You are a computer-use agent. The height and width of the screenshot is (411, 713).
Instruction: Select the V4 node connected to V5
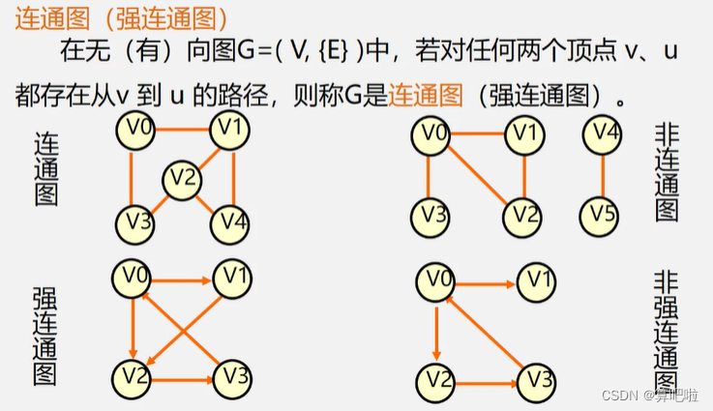604,134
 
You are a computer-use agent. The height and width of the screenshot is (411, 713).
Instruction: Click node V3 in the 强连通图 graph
232,376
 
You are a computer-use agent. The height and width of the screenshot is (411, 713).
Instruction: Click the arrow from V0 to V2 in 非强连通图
436,329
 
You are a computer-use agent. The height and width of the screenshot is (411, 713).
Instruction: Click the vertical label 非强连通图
666,329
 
